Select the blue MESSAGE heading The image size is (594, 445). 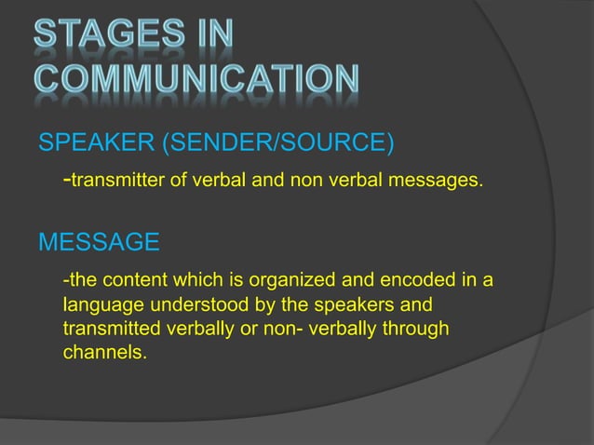pyautogui.click(x=98, y=244)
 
